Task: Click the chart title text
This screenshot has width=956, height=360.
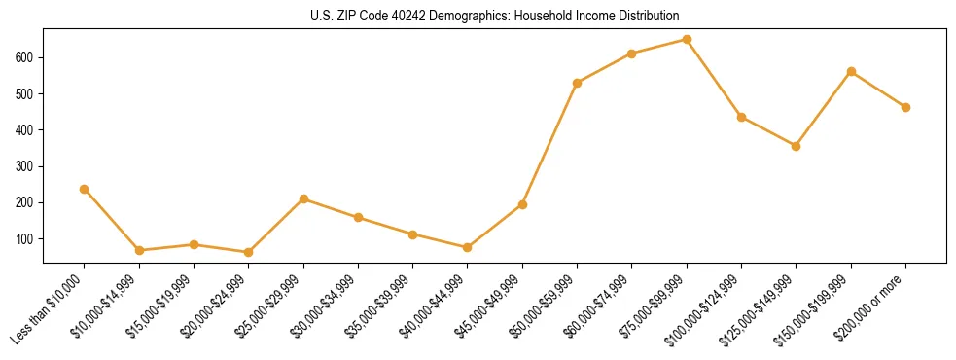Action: [494, 17]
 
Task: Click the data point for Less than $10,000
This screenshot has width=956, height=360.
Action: [85, 189]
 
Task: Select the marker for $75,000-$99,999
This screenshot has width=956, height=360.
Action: [687, 40]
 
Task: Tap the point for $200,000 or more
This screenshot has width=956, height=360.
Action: [905, 107]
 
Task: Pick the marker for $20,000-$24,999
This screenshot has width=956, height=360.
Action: [249, 252]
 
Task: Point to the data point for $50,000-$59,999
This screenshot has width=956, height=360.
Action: [578, 83]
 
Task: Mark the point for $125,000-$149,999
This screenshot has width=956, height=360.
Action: [796, 146]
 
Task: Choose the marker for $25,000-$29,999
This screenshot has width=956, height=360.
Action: [303, 198]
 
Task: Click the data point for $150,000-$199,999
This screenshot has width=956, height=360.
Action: [851, 71]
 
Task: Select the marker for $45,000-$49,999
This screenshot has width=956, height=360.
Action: [522, 204]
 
